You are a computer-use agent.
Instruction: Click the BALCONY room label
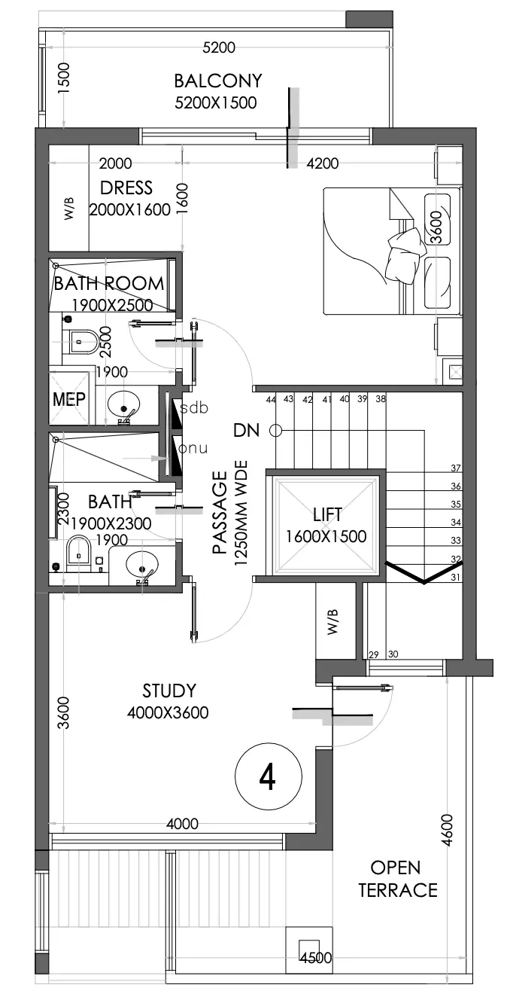pyautogui.click(x=218, y=81)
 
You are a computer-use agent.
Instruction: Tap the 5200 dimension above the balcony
pyautogui.click(x=219, y=47)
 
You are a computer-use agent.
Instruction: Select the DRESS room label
pyautogui.click(x=126, y=188)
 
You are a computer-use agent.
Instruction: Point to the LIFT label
pyautogui.click(x=327, y=515)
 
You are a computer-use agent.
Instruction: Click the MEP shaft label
pyautogui.click(x=68, y=399)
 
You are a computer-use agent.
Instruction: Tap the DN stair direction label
pyautogui.click(x=247, y=431)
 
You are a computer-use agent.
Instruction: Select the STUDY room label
pyautogui.click(x=168, y=691)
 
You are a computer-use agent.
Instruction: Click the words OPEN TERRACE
pyautogui.click(x=397, y=879)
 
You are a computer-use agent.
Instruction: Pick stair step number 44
pyautogui.click(x=271, y=400)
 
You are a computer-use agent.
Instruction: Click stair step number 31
pyautogui.click(x=456, y=578)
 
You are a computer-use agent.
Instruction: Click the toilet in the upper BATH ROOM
pyautogui.click(x=82, y=342)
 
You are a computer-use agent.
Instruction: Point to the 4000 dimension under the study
pyautogui.click(x=182, y=824)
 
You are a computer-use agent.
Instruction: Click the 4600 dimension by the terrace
pyautogui.click(x=447, y=831)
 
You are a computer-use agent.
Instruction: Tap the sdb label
pyautogui.click(x=195, y=408)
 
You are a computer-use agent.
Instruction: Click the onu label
pyautogui.click(x=193, y=449)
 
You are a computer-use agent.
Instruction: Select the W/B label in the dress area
pyautogui.click(x=69, y=209)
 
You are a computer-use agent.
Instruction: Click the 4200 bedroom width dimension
pyautogui.click(x=323, y=163)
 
